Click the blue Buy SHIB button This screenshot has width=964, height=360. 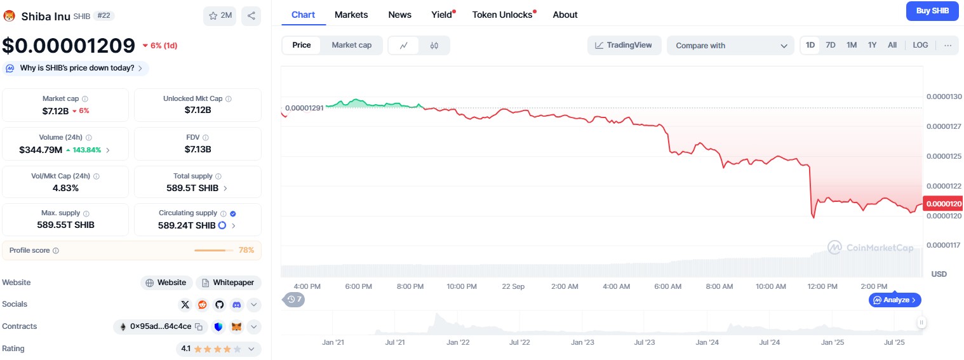(932, 11)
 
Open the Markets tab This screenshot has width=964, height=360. (351, 15)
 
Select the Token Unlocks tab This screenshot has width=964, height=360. (502, 15)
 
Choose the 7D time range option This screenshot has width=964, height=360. (831, 45)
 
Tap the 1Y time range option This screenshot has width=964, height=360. (872, 45)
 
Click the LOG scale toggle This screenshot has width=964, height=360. (920, 45)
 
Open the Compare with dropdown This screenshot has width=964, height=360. (730, 46)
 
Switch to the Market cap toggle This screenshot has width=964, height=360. (351, 45)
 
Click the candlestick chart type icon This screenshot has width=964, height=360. (434, 46)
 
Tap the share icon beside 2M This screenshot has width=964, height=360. (251, 16)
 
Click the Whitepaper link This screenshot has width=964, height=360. (229, 283)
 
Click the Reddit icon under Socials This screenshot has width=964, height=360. (202, 305)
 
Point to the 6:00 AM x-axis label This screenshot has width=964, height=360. (667, 286)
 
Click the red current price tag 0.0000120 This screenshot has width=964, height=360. (943, 204)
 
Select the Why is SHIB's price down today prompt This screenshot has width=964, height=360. (77, 68)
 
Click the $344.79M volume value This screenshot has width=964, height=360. (41, 150)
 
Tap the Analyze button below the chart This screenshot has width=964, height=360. (895, 300)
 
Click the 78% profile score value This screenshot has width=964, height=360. (246, 250)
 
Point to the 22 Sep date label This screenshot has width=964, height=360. (513, 286)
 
